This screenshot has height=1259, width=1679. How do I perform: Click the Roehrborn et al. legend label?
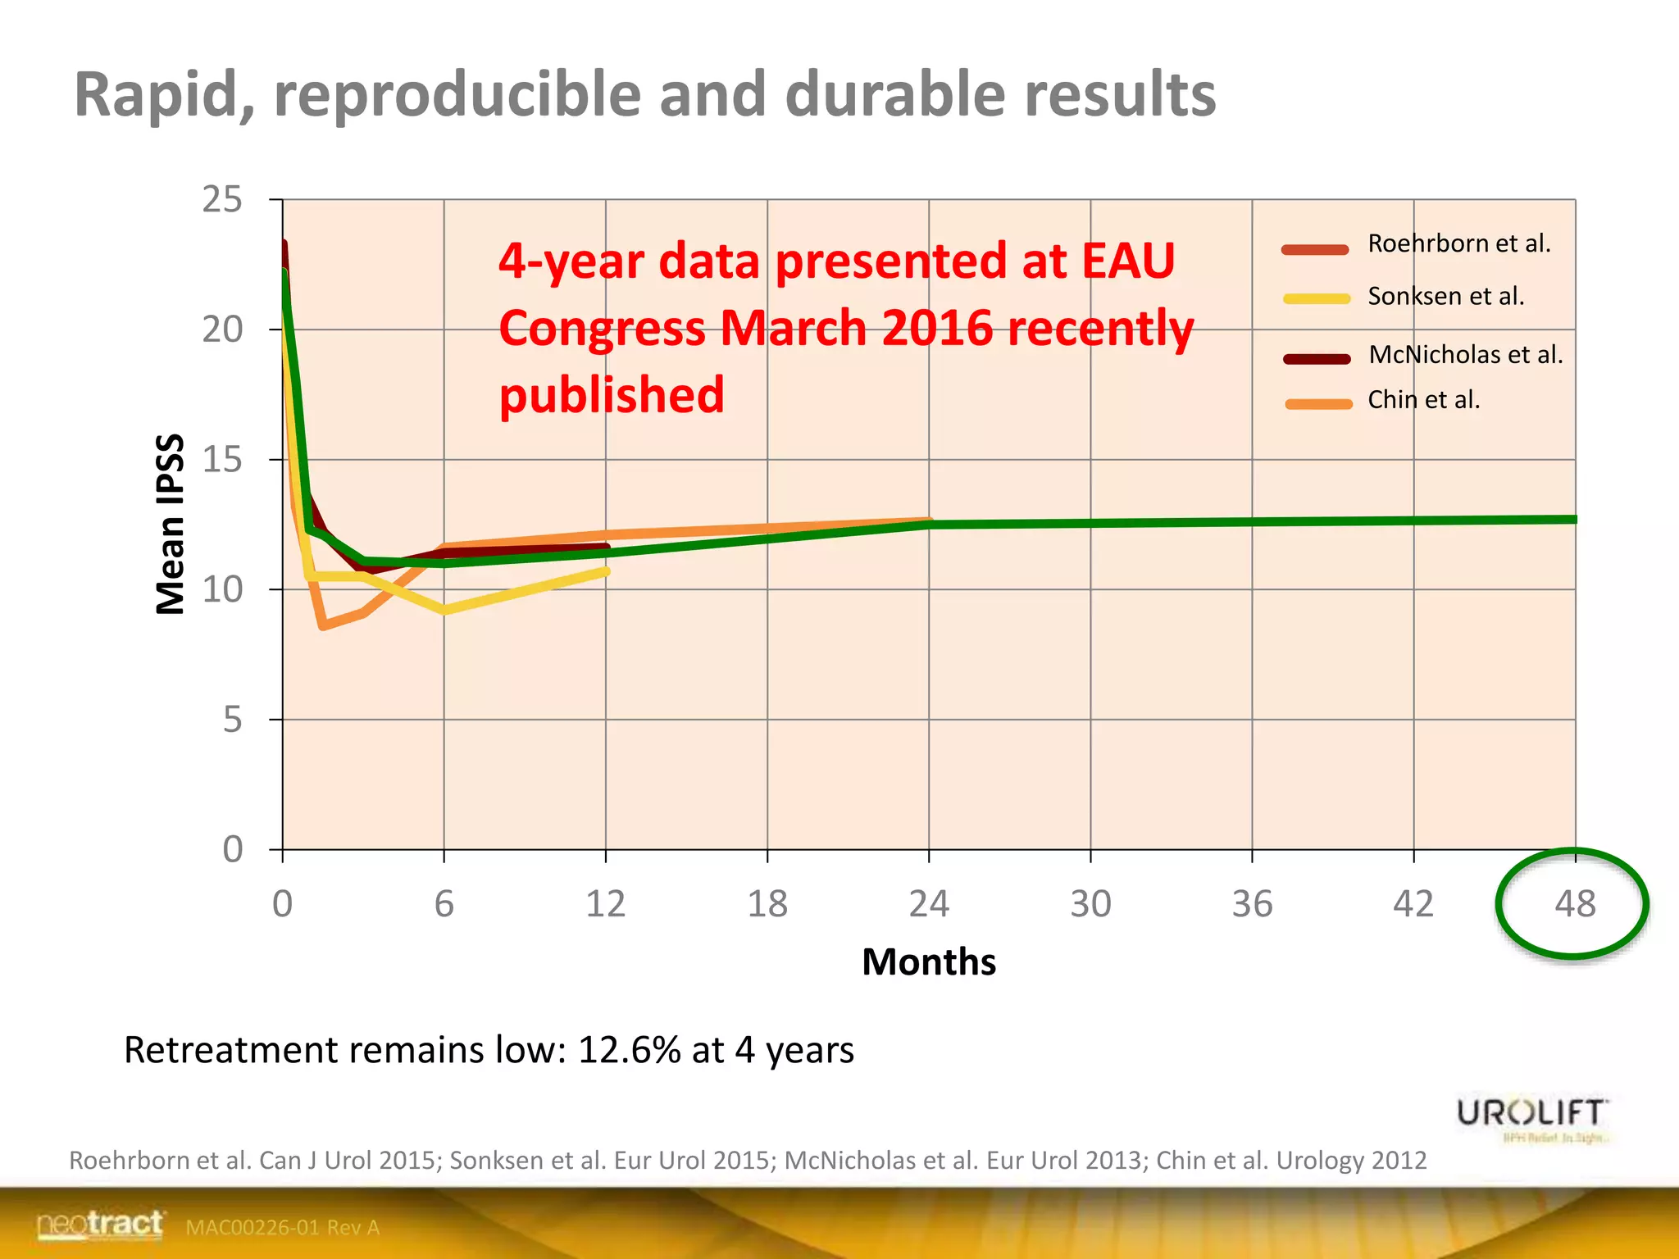(x=1458, y=243)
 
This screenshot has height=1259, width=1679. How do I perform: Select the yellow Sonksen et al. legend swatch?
(x=1317, y=298)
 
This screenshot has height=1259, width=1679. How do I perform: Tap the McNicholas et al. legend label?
(x=1465, y=354)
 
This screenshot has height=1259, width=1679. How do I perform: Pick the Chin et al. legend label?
(x=1423, y=399)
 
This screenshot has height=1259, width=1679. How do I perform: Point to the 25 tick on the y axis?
(x=222, y=200)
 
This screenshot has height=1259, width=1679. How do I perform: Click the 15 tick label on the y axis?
(x=222, y=460)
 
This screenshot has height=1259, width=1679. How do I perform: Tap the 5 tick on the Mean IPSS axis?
(x=232, y=720)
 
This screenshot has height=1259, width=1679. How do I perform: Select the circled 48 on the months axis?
(x=1574, y=903)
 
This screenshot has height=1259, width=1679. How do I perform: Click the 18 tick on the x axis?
(x=767, y=903)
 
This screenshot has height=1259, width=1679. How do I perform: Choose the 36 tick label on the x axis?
(x=1252, y=903)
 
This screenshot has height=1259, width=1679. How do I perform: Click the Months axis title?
(x=929, y=961)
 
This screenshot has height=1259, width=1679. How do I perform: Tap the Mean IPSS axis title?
(x=170, y=524)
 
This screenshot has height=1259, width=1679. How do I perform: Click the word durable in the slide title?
(x=894, y=93)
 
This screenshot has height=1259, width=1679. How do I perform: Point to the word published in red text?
(x=612, y=395)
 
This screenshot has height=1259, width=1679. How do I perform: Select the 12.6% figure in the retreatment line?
(x=629, y=1050)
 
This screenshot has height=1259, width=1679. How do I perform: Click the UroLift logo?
(x=1531, y=1115)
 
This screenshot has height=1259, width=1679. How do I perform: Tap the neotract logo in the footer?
(x=100, y=1225)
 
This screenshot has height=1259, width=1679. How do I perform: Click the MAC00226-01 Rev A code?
(x=282, y=1227)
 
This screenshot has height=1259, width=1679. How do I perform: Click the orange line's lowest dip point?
(x=324, y=625)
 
